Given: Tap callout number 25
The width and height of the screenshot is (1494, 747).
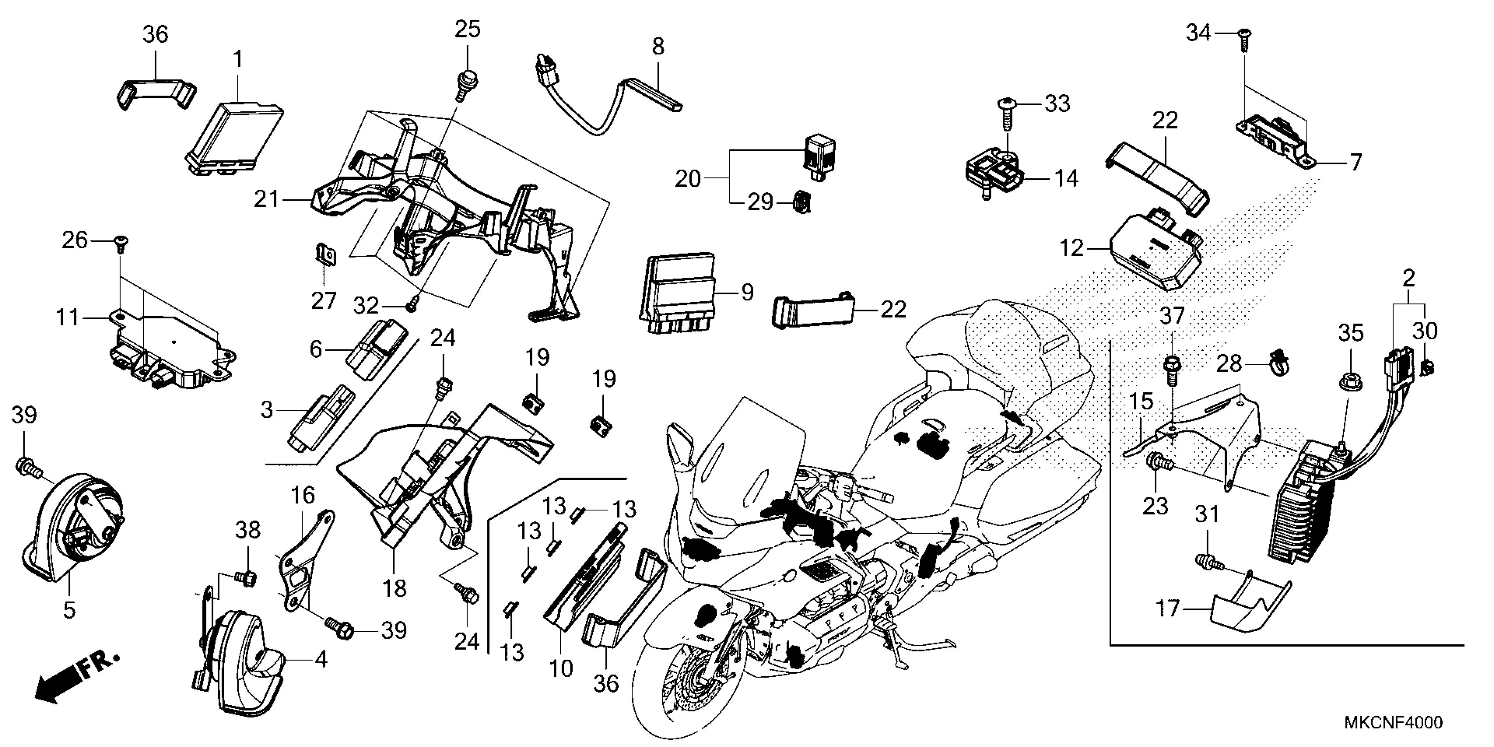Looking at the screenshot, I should tap(468, 29).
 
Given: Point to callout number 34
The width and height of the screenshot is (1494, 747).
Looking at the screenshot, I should tap(1198, 33).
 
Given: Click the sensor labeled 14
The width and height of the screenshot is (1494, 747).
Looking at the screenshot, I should tap(992, 174).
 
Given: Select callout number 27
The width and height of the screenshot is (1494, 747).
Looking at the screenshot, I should tap(323, 301).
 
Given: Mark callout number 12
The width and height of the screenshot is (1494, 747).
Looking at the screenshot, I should tap(1071, 248).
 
